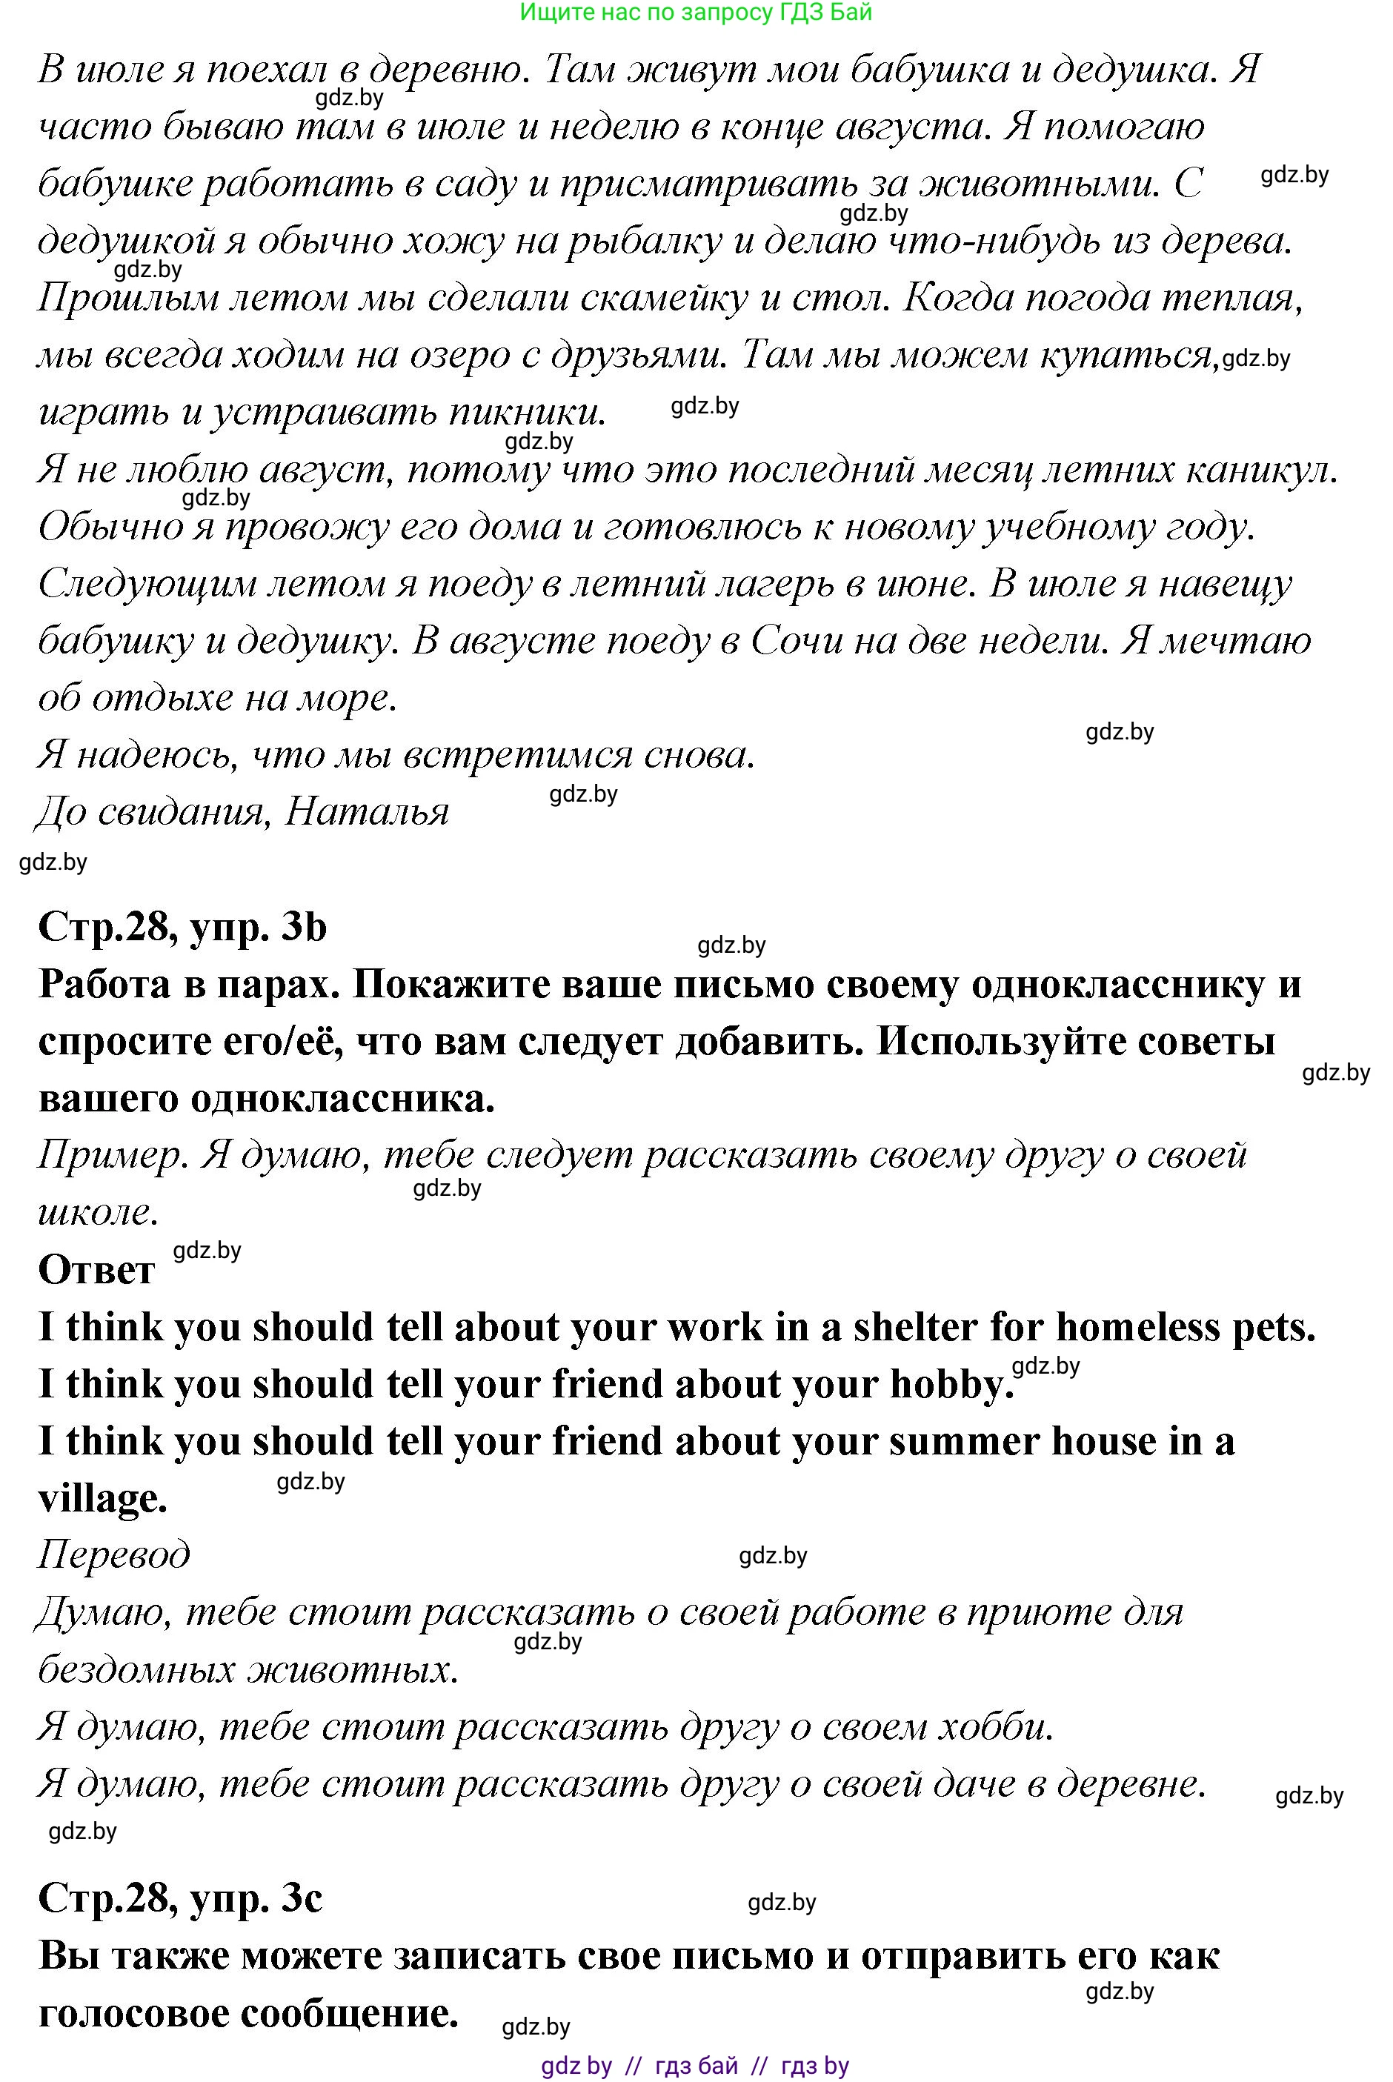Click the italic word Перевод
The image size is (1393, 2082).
point(113,1554)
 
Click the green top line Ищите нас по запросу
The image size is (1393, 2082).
point(696,13)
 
